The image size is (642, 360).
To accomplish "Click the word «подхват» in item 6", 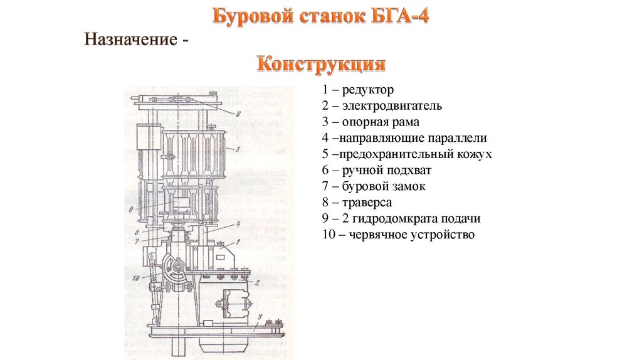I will tap(409, 171).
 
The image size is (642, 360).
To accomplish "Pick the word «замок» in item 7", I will tap(408, 187).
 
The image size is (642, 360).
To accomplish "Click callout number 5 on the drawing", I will tap(239, 149).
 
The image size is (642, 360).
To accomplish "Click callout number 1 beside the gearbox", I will tap(239, 243).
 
